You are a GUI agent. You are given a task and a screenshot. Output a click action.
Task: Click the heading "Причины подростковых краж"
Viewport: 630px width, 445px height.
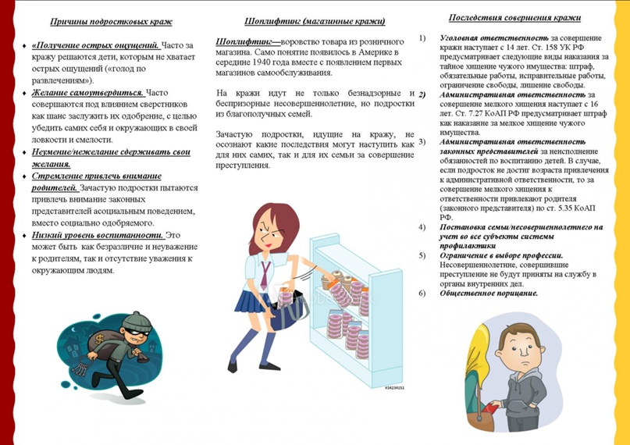tap(111, 22)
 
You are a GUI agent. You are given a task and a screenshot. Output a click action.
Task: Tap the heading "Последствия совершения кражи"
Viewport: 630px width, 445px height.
tap(515, 18)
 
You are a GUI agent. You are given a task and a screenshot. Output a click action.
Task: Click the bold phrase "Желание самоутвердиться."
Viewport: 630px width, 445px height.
tap(88, 92)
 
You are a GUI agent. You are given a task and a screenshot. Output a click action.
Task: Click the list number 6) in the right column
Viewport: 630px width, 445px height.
tap(422, 294)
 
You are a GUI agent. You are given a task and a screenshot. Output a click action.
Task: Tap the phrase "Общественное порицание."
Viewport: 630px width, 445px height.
tap(489, 294)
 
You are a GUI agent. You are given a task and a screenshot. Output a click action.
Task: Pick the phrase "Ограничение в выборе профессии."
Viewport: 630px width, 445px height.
tap(501, 256)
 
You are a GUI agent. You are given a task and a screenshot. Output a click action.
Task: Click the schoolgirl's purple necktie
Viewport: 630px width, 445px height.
tap(265, 273)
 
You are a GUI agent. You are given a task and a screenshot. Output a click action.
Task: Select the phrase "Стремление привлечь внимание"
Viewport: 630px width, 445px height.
tap(97, 176)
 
